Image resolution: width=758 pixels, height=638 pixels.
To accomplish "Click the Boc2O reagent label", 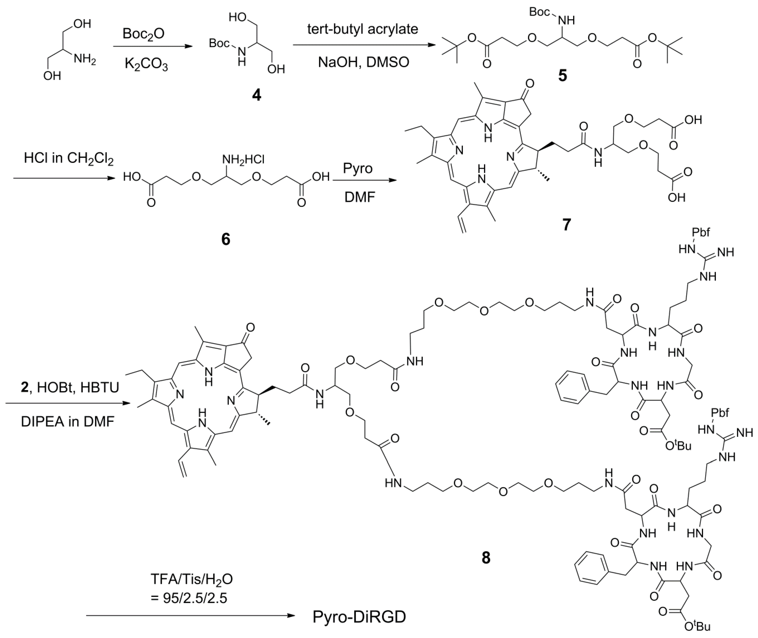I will click(143, 34).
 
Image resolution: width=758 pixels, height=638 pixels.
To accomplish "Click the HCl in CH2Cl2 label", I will click(69, 159).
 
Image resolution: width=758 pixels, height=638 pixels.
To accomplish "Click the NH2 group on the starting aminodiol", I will click(85, 59).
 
